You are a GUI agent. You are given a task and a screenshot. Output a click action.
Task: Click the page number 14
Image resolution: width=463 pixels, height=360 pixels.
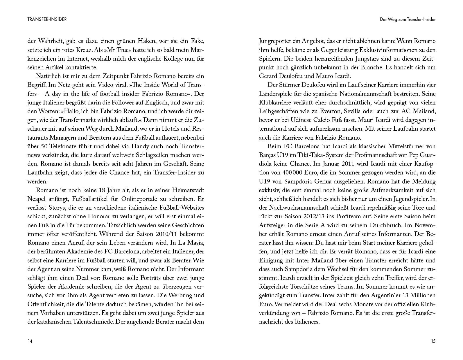[x=30, y=341]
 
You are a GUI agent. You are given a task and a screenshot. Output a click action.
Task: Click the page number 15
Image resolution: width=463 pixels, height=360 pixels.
[x=433, y=341]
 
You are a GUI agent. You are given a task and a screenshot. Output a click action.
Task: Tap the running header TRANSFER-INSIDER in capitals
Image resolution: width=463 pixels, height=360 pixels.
[x=47, y=19]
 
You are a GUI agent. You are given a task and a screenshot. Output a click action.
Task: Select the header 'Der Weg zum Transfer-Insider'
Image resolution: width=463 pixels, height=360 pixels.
[x=408, y=19]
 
